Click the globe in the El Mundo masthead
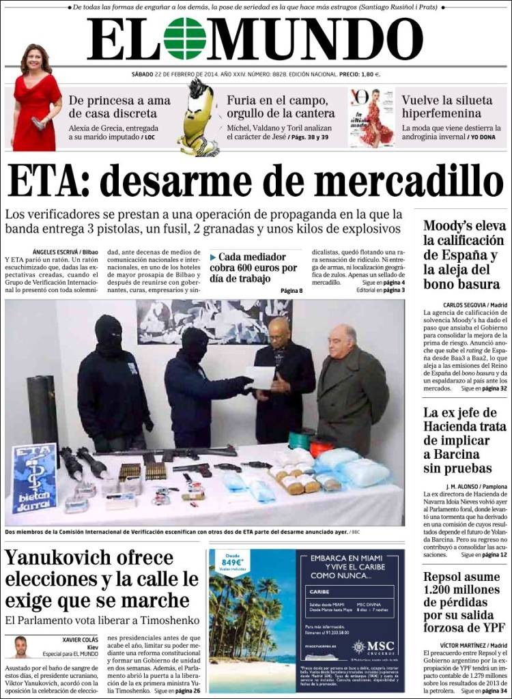coord(184,38)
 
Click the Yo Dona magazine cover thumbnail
coord(371,117)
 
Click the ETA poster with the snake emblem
coord(34,478)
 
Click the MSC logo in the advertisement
coord(374,646)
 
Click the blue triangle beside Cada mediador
coord(213,257)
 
